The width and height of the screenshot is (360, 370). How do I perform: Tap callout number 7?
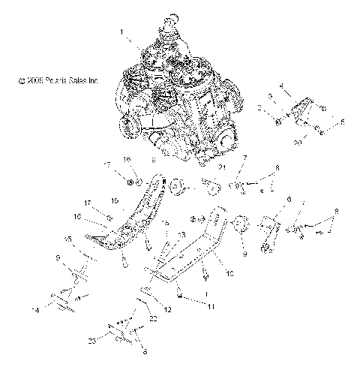(x=244, y=177)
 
